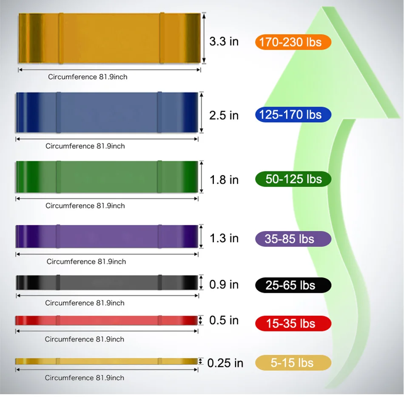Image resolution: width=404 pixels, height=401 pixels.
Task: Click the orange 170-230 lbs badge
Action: (x=293, y=42)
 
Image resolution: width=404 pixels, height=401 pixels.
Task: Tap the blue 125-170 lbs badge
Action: (x=293, y=115)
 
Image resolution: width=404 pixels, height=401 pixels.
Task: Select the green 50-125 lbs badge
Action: (x=293, y=179)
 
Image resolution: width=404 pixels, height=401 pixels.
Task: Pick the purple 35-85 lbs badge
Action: (x=293, y=239)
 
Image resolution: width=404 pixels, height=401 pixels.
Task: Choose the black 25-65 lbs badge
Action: (x=293, y=285)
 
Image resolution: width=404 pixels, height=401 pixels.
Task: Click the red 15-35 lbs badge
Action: (x=293, y=324)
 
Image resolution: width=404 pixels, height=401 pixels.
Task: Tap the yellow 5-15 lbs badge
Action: (x=293, y=363)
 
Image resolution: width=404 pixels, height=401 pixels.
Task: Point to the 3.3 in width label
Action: (x=224, y=42)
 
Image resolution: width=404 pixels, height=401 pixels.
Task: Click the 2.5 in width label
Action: (x=224, y=115)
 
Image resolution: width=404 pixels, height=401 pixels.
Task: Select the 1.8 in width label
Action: (x=224, y=180)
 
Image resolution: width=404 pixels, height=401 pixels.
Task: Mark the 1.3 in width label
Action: (x=224, y=238)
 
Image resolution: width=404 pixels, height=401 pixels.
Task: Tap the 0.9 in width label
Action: (x=224, y=284)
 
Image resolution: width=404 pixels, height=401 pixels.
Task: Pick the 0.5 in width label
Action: (x=224, y=320)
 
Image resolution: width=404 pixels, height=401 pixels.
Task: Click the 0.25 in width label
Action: (x=225, y=363)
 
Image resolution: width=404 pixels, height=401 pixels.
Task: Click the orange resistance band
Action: (x=109, y=38)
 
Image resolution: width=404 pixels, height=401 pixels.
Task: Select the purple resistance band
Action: (x=107, y=236)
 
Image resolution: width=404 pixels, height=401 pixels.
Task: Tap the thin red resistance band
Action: (x=107, y=320)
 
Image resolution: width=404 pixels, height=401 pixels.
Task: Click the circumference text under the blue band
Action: (x=85, y=146)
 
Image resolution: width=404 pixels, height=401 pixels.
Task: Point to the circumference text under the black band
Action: (x=85, y=303)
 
